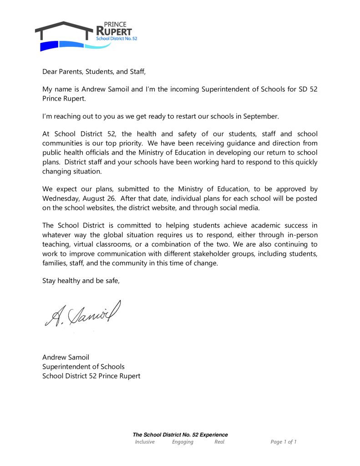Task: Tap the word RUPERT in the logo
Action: pyautogui.click(x=114, y=31)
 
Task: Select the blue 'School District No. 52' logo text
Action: pyautogui.click(x=117, y=39)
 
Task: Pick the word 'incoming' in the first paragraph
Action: pyautogui.click(x=184, y=89)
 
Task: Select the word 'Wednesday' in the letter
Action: pyautogui.click(x=58, y=198)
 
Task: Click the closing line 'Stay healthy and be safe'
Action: pyautogui.click(x=81, y=280)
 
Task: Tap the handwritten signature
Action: pyautogui.click(x=82, y=314)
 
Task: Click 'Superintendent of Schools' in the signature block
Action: pyautogui.click(x=83, y=366)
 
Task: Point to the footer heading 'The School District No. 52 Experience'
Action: pyautogui.click(x=180, y=435)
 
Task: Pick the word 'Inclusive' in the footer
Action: pyautogui.click(x=145, y=442)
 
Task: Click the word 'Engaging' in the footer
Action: pyautogui.click(x=183, y=442)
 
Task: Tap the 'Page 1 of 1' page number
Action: pyautogui.click(x=284, y=442)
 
